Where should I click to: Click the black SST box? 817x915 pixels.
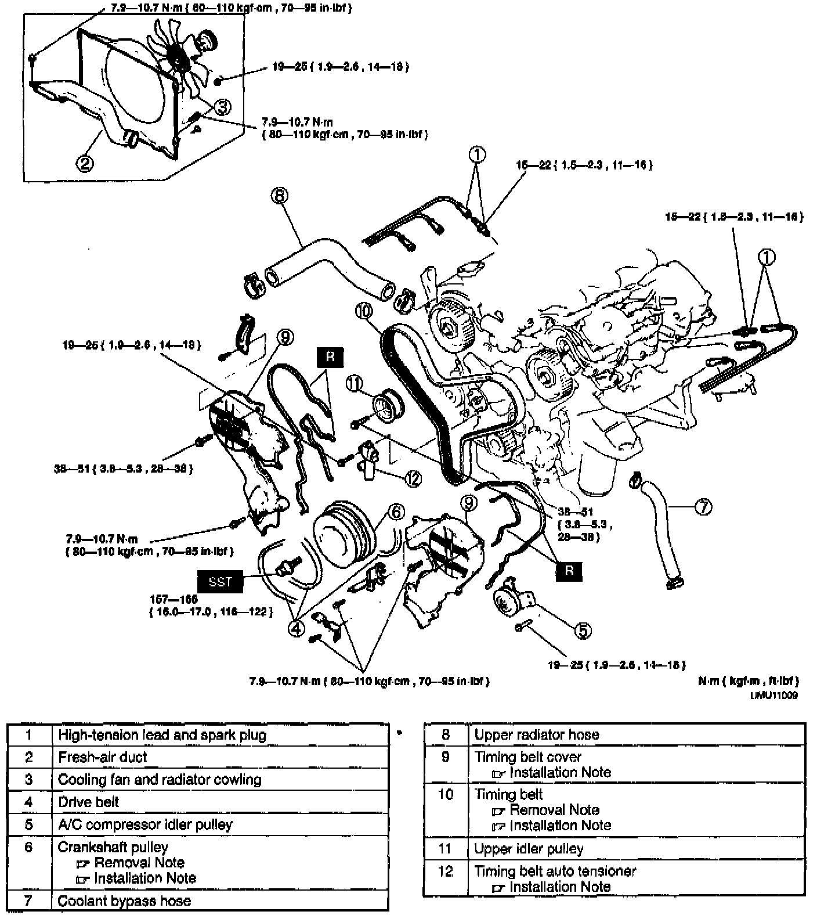220,581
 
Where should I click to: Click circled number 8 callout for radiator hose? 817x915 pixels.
279,196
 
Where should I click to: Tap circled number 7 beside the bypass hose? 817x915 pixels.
703,507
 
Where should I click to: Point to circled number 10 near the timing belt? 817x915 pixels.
364,311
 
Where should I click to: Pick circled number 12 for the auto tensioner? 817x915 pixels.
413,478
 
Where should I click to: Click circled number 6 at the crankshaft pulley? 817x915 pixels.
396,511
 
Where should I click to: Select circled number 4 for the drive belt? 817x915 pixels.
296,628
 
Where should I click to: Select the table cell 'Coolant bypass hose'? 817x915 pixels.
124,900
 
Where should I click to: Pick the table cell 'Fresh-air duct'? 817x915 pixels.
103,757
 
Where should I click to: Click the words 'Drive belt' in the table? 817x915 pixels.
88,802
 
